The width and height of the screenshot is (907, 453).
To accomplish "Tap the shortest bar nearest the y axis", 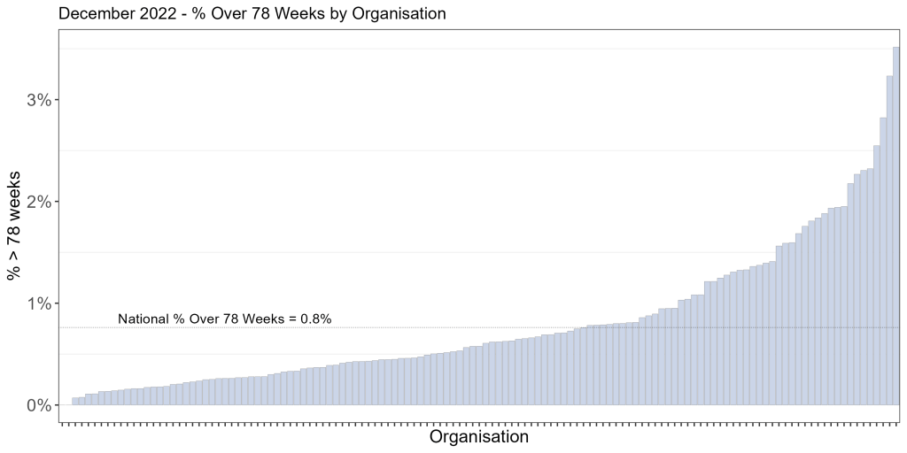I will [75, 401].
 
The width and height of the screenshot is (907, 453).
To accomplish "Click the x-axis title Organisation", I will [478, 437].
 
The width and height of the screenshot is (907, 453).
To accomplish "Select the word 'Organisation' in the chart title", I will [399, 14].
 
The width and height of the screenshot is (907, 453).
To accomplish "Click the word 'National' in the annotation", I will [142, 319].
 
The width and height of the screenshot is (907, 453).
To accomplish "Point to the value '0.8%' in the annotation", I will [315, 319].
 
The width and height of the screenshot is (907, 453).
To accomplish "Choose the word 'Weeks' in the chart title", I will [293, 14].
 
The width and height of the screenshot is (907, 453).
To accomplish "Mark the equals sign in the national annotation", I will [289, 319].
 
